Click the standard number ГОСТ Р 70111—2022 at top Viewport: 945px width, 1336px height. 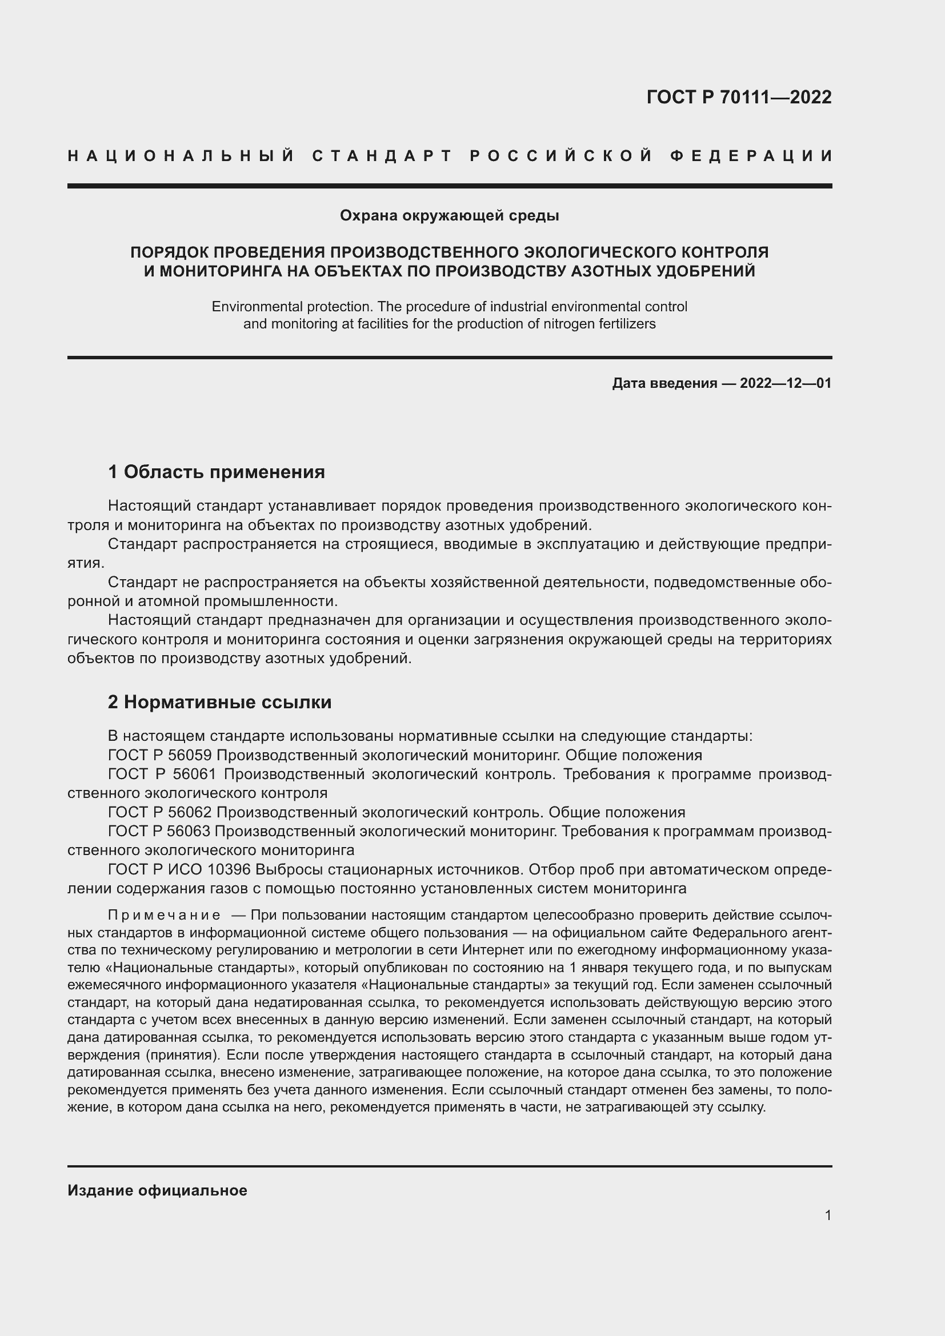pos(738,97)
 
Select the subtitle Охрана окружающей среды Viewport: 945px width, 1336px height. pos(449,215)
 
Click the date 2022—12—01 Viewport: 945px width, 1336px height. pos(786,383)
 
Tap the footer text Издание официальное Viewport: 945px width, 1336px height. pos(157,1190)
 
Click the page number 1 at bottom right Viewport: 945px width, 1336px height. pos(828,1215)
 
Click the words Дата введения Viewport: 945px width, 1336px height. pos(664,383)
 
